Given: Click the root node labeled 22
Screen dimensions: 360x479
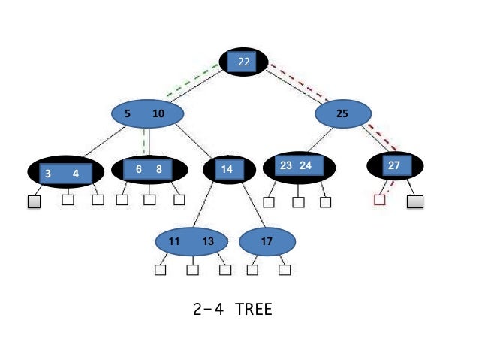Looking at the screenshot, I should pyautogui.click(x=243, y=62).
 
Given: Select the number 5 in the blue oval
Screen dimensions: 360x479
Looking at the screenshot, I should pyautogui.click(x=128, y=114).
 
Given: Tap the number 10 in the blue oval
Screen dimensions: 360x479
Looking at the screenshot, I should pyautogui.click(x=158, y=114).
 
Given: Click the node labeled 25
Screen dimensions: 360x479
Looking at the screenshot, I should pyautogui.click(x=342, y=114).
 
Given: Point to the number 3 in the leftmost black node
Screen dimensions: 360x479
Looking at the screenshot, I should pyautogui.click(x=48, y=174).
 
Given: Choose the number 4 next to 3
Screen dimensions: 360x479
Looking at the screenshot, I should pyautogui.click(x=75, y=174).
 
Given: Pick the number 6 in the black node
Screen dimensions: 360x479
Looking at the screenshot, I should pyautogui.click(x=139, y=169).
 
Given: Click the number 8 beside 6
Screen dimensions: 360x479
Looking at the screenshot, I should pyautogui.click(x=159, y=169).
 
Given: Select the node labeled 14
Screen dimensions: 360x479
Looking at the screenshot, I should pyautogui.click(x=227, y=170).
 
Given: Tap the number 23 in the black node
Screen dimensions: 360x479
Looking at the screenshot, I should pyautogui.click(x=286, y=165).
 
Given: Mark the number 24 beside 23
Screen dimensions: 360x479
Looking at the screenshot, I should pyautogui.click(x=306, y=165).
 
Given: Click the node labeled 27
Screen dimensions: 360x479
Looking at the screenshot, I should pyautogui.click(x=394, y=165).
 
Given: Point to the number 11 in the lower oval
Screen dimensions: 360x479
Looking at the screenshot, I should pyautogui.click(x=174, y=241).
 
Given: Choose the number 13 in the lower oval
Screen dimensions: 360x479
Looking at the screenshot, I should pyautogui.click(x=209, y=241).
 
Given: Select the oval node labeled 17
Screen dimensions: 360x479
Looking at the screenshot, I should pyautogui.click(x=267, y=241).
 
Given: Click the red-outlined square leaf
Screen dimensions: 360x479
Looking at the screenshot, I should pyautogui.click(x=380, y=201).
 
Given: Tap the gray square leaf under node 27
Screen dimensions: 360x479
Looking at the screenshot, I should pyautogui.click(x=415, y=201).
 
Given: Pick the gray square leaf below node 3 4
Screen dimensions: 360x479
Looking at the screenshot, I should pyautogui.click(x=35, y=201).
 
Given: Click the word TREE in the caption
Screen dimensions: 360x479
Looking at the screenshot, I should pyautogui.click(x=253, y=309).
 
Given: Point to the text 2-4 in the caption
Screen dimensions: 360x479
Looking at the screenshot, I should pyautogui.click(x=207, y=309).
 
